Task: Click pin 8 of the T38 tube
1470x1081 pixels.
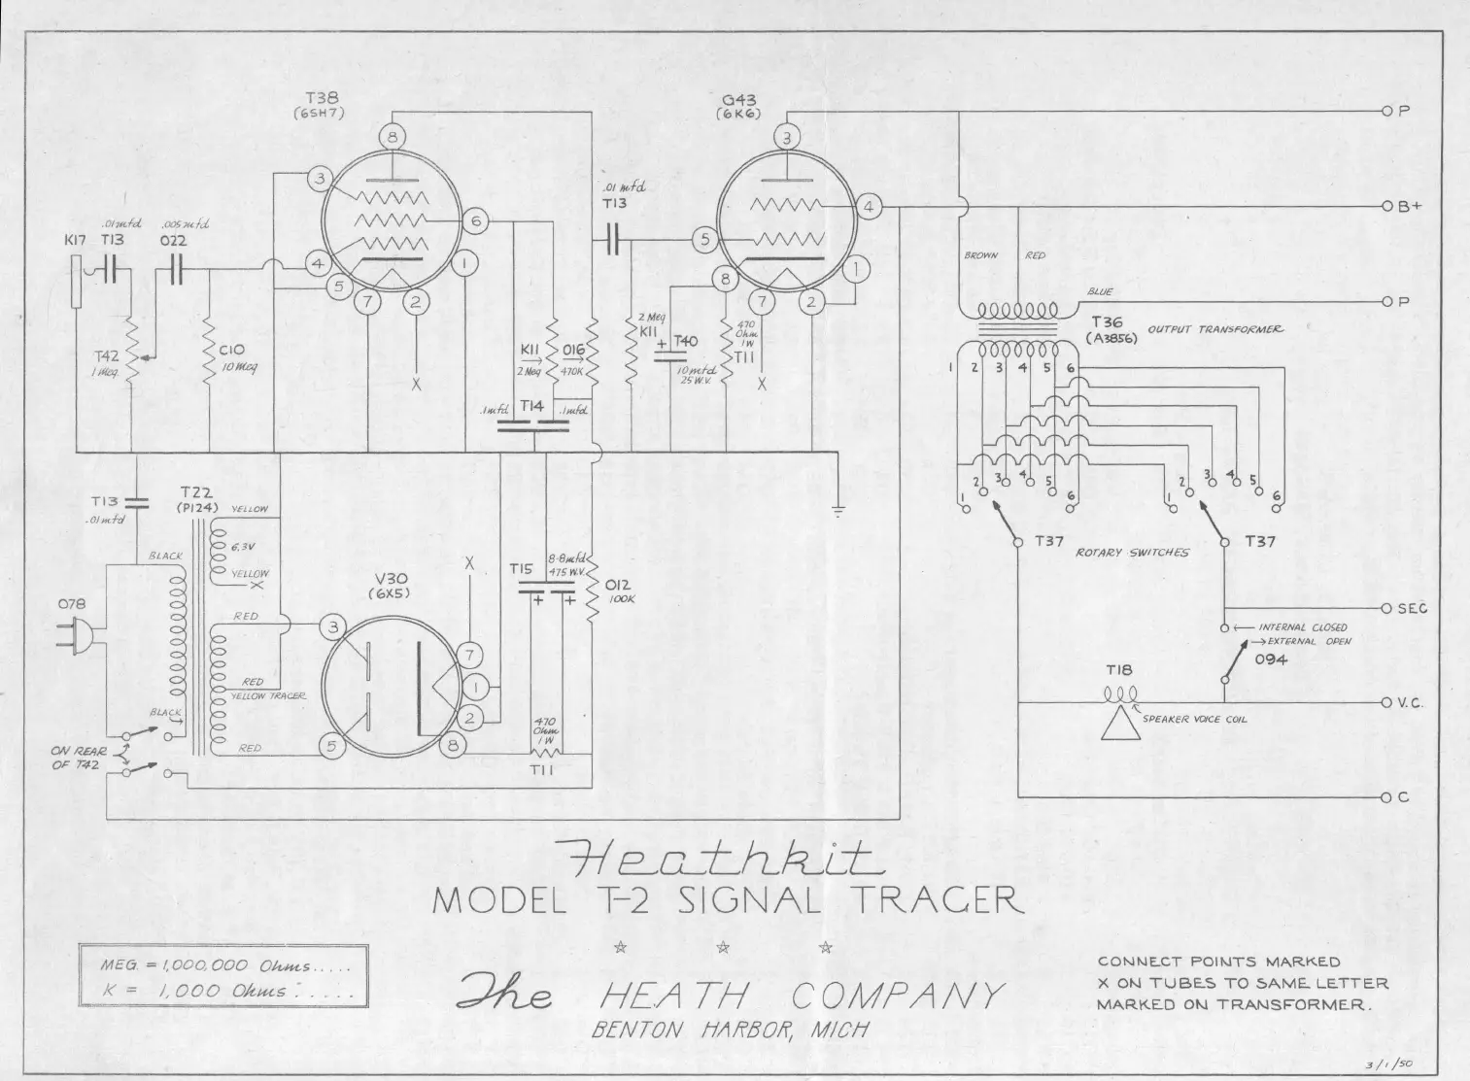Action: coord(393,139)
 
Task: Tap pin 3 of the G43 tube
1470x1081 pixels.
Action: coord(787,138)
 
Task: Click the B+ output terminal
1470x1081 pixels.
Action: coord(1388,207)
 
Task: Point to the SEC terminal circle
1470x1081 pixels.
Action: coord(1388,608)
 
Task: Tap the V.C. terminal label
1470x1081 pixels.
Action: coord(1411,703)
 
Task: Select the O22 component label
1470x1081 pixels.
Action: coord(175,241)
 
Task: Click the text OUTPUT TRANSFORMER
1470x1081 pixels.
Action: coord(1215,329)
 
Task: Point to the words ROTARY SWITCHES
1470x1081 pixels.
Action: coord(1132,553)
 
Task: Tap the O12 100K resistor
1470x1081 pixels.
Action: coord(591,591)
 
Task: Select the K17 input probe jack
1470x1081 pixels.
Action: coord(77,282)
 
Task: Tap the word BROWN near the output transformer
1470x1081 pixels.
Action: coord(980,255)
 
